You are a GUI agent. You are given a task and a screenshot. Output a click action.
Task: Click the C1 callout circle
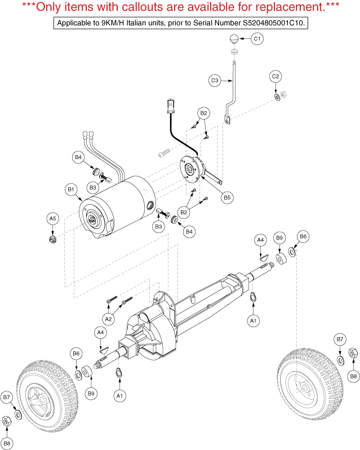pos(257,38)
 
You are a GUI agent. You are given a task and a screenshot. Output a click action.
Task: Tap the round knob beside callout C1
pos(234,39)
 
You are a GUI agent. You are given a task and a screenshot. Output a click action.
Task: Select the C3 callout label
pos(215,80)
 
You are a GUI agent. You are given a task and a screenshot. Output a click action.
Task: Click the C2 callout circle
pos(275,76)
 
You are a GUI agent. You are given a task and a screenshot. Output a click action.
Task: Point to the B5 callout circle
pos(227,197)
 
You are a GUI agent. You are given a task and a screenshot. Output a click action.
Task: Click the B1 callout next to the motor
pos(71,189)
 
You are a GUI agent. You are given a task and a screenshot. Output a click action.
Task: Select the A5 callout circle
pos(53,219)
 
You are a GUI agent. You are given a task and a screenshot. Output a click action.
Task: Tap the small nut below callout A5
pos(52,239)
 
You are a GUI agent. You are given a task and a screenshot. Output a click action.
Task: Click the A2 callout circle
pos(108,319)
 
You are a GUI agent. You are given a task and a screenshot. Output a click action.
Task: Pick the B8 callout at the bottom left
pos(7,443)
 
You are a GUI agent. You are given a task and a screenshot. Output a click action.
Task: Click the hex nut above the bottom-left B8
pos(6,421)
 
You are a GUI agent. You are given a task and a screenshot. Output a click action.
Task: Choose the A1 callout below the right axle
pos(254,320)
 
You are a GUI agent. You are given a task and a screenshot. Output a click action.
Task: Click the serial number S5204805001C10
pos(273,23)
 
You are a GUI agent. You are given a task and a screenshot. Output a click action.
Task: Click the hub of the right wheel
pos(304,388)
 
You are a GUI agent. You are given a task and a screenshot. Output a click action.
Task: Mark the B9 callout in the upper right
pos(279,237)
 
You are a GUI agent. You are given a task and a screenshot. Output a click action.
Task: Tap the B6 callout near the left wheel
pos(76,353)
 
